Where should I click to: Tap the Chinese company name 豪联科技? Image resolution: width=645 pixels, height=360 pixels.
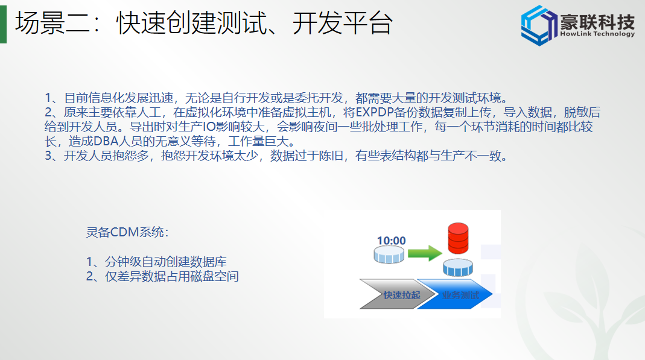597,21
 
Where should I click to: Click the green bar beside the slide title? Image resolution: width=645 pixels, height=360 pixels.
3,22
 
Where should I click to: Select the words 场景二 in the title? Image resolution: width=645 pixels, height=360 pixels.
52,22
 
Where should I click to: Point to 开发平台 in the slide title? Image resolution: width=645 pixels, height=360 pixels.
342,22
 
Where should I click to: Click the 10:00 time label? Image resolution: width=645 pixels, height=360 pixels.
391,241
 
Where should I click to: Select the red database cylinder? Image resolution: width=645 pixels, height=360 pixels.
458,238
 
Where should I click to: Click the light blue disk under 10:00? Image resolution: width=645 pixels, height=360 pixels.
389,255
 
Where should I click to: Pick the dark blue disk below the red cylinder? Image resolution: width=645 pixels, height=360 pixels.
458,267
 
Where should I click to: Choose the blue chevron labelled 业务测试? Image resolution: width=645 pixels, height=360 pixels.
454,294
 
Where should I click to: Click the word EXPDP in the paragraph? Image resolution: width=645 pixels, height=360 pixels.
375,112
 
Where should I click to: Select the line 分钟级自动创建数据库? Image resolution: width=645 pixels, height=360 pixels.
165,261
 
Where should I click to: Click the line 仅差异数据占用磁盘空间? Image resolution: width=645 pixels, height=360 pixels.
171,276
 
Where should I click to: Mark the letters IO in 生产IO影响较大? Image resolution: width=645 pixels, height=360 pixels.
209,127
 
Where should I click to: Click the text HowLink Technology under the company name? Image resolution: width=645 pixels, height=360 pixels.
597,34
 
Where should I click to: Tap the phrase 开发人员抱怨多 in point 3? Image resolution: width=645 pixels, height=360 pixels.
106,156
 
